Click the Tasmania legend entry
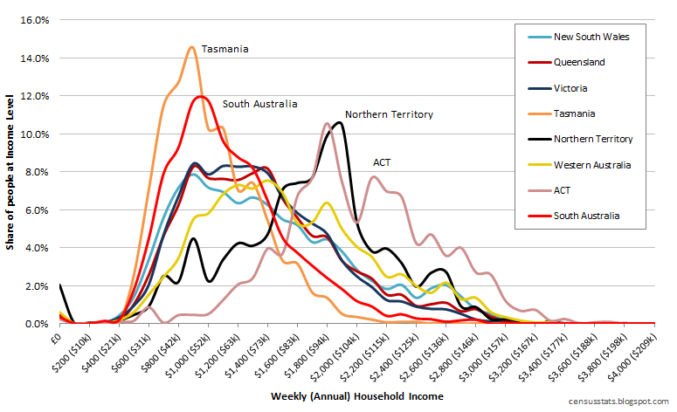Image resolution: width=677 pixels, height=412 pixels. coord(574,113)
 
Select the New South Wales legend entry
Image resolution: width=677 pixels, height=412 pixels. coord(591,37)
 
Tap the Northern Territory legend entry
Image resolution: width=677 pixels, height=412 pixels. coord(592,139)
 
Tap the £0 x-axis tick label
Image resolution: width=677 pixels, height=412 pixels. coord(54,333)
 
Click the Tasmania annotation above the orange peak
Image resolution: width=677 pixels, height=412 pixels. coord(225,49)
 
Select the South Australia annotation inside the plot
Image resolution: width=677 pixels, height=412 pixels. coord(259,104)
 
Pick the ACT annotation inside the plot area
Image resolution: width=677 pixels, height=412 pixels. coord(382,162)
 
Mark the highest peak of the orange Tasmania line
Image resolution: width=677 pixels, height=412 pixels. coord(191,47)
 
